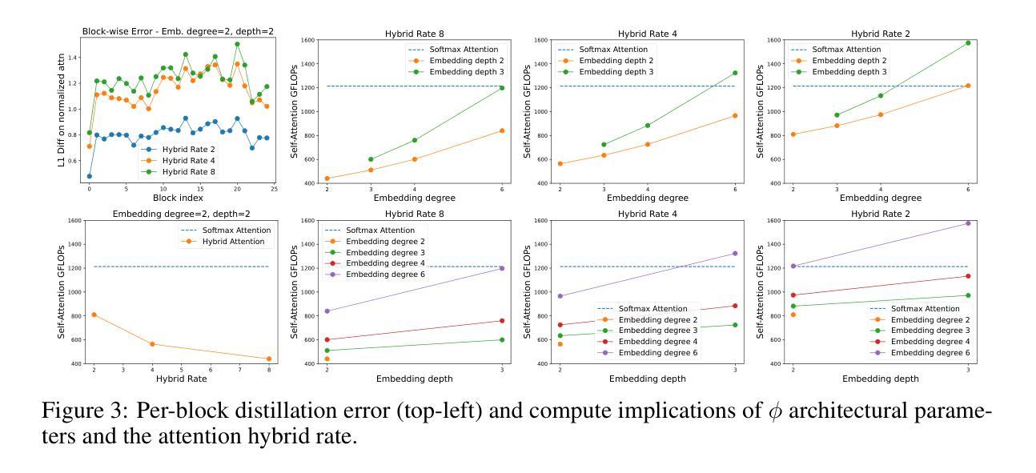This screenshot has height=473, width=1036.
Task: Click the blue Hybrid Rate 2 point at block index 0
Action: (x=89, y=176)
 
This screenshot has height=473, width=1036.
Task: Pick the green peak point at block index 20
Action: (x=237, y=45)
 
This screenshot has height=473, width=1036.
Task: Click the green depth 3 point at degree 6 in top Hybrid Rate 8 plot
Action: (x=503, y=88)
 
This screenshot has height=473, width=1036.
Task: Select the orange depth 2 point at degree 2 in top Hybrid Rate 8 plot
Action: (x=327, y=178)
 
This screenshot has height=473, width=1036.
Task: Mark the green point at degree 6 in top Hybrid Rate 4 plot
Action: (x=735, y=73)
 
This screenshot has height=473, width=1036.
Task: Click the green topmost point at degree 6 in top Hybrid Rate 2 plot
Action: (x=968, y=43)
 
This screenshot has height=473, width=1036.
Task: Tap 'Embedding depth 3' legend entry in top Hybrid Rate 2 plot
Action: (x=850, y=72)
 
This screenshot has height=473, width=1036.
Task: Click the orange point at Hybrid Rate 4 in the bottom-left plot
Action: (x=152, y=344)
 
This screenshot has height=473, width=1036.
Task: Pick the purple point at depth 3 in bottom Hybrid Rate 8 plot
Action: (x=503, y=268)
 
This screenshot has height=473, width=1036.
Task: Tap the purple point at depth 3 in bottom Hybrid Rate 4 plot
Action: (x=735, y=254)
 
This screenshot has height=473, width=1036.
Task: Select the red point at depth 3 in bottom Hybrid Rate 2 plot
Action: (x=968, y=276)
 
